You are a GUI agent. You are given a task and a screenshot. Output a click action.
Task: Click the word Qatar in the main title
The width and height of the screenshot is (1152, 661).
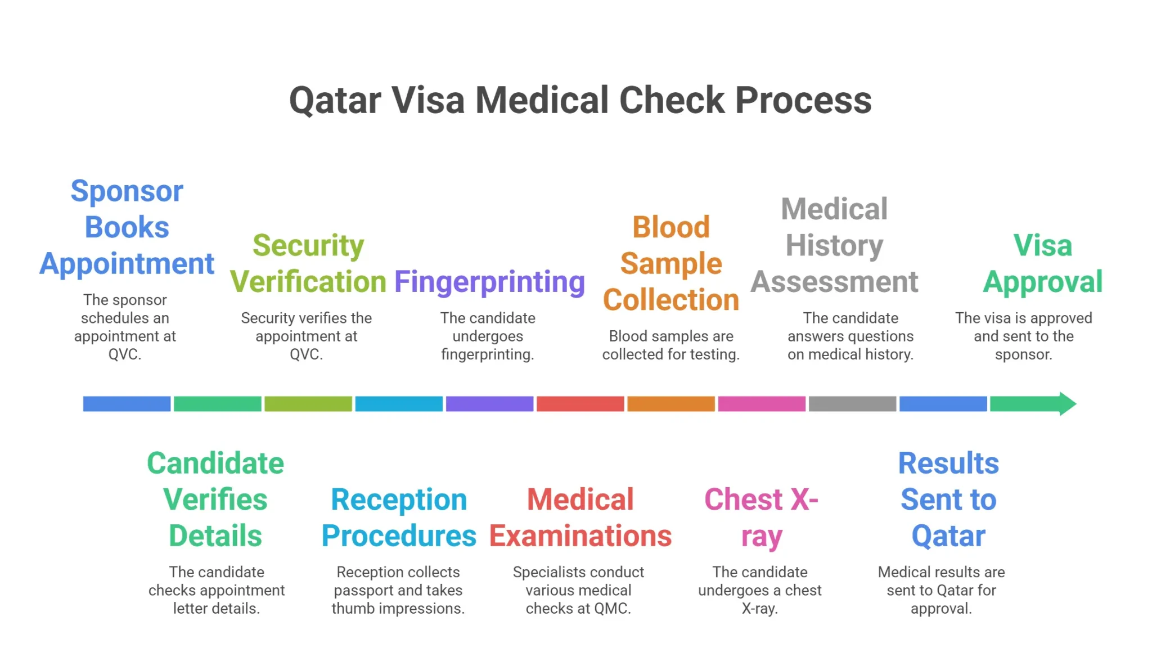pyautogui.click(x=335, y=101)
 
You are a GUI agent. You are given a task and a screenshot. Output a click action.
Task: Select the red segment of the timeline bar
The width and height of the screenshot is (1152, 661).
pyautogui.click(x=580, y=404)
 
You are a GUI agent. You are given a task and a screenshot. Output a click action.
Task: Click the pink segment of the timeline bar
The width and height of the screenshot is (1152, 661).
pyautogui.click(x=761, y=404)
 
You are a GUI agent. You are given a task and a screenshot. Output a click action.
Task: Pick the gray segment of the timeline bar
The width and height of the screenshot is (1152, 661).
pyautogui.click(x=852, y=404)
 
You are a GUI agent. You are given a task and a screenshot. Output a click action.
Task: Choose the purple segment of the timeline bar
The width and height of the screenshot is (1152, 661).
pyautogui.click(x=489, y=404)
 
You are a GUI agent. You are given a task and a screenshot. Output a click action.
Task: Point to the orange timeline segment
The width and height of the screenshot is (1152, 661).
pyautogui.click(x=670, y=404)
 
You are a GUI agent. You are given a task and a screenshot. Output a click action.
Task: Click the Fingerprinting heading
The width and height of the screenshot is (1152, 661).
pyautogui.click(x=489, y=282)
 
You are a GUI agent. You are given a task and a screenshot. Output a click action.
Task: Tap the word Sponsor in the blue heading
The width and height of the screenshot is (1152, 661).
pyautogui.click(x=127, y=192)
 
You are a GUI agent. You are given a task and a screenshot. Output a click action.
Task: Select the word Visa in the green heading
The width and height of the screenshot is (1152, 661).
pyautogui.click(x=1042, y=246)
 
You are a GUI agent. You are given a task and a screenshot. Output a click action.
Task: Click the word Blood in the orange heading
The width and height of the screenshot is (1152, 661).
pyautogui.click(x=670, y=228)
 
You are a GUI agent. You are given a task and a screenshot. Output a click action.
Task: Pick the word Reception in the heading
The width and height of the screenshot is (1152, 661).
pyautogui.click(x=399, y=500)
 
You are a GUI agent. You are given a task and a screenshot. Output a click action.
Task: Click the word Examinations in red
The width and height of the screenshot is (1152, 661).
pyautogui.click(x=580, y=536)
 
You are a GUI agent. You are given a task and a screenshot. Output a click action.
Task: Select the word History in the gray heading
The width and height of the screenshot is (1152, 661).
pyautogui.click(x=834, y=246)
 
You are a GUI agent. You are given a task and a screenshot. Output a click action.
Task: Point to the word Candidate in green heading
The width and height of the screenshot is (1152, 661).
pyautogui.click(x=215, y=464)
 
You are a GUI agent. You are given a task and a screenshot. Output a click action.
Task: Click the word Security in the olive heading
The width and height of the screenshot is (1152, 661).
pyautogui.click(x=308, y=246)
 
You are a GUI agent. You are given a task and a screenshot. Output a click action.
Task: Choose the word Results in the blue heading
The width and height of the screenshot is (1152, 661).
pyautogui.click(x=948, y=464)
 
